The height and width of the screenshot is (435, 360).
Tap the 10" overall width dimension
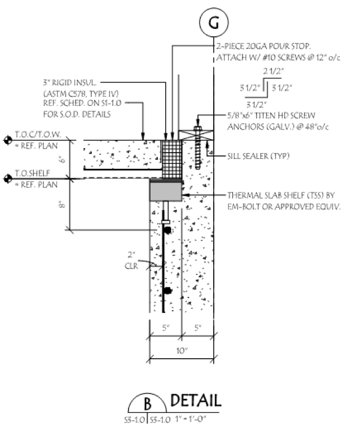point(182,351)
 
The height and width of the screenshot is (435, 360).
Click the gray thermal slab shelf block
point(167,191)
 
